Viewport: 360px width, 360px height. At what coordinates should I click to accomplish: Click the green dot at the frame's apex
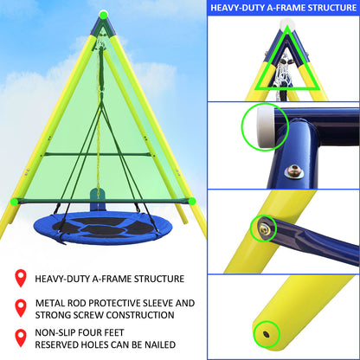[x=103, y=14]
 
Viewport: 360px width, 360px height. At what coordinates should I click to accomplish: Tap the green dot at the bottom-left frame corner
[x=13, y=201]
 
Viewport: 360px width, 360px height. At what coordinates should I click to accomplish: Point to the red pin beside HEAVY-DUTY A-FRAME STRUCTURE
[x=20, y=279]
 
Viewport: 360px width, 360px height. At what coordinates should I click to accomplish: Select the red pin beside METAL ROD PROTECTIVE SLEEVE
[x=20, y=307]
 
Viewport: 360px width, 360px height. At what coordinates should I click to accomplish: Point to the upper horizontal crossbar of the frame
[x=103, y=155]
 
